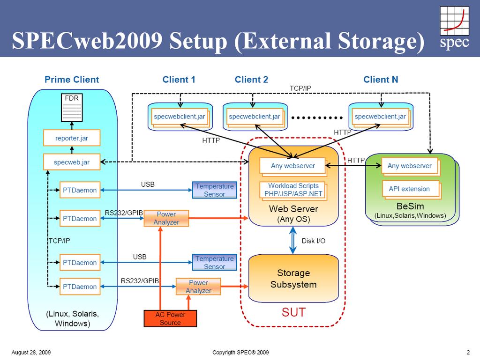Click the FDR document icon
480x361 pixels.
click(x=72, y=107)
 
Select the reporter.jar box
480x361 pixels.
click(x=72, y=138)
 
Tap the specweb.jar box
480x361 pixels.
click(x=72, y=162)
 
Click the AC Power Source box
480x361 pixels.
click(x=170, y=318)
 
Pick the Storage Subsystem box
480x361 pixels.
click(x=293, y=278)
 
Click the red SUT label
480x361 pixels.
click(x=293, y=312)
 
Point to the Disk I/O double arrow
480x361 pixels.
click(x=293, y=240)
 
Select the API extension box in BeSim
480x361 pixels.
click(x=409, y=189)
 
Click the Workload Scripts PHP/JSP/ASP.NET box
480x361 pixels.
click(x=293, y=190)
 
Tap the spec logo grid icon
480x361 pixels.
click(x=454, y=21)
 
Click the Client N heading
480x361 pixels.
click(x=381, y=80)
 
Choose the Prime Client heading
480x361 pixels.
click(x=72, y=80)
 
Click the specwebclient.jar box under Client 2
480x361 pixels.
click(x=255, y=117)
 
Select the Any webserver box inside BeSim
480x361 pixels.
click(x=410, y=166)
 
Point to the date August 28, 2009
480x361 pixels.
click(x=31, y=352)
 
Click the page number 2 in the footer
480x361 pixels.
click(x=468, y=352)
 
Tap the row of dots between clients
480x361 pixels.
click(x=317, y=118)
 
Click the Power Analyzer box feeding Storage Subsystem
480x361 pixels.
click(x=198, y=287)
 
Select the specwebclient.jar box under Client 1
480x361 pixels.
click(x=180, y=117)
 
